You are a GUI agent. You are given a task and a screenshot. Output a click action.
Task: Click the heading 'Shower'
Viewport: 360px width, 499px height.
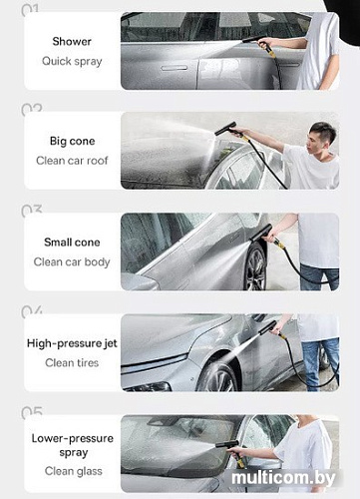pos(72,42)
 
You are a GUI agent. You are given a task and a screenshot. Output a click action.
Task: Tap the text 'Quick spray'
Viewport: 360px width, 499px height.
pos(72,62)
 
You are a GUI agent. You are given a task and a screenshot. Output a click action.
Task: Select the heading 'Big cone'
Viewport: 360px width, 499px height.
pos(72,141)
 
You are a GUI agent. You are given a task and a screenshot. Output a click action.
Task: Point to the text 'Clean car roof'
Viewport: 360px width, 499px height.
pos(72,161)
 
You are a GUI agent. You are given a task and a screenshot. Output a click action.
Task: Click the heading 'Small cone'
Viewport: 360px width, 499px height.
pos(72,243)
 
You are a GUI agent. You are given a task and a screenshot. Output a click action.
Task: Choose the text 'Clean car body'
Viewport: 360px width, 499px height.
pos(72,262)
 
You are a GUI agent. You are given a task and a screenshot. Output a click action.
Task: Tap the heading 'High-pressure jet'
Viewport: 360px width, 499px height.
pos(72,343)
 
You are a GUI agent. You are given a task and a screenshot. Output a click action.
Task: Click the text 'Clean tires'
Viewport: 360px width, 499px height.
pos(72,362)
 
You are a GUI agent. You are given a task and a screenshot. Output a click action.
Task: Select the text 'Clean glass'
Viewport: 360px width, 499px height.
pos(73,471)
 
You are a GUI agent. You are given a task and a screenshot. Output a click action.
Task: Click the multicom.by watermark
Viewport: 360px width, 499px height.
pos(283,478)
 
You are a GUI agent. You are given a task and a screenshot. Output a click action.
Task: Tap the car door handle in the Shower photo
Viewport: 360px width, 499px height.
pos(175,68)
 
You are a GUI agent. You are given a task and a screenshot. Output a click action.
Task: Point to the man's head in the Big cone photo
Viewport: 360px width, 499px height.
pos(321,136)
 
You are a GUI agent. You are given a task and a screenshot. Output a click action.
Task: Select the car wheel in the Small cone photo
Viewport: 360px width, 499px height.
pos(255,267)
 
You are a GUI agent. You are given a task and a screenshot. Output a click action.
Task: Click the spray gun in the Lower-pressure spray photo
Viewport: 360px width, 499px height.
pos(230,449)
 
